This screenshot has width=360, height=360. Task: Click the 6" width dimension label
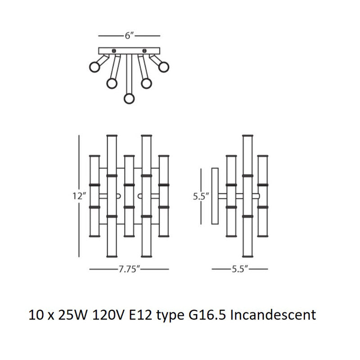point(130,36)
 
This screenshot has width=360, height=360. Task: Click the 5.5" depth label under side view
point(240,270)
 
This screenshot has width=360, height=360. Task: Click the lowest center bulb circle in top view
point(130,99)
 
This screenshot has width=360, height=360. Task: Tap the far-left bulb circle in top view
point(94,67)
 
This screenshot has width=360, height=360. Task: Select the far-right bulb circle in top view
point(163,67)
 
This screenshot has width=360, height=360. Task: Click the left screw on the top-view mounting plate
point(114,50)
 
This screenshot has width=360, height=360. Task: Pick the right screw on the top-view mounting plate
point(145,50)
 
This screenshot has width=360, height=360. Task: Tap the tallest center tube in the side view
point(247,196)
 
